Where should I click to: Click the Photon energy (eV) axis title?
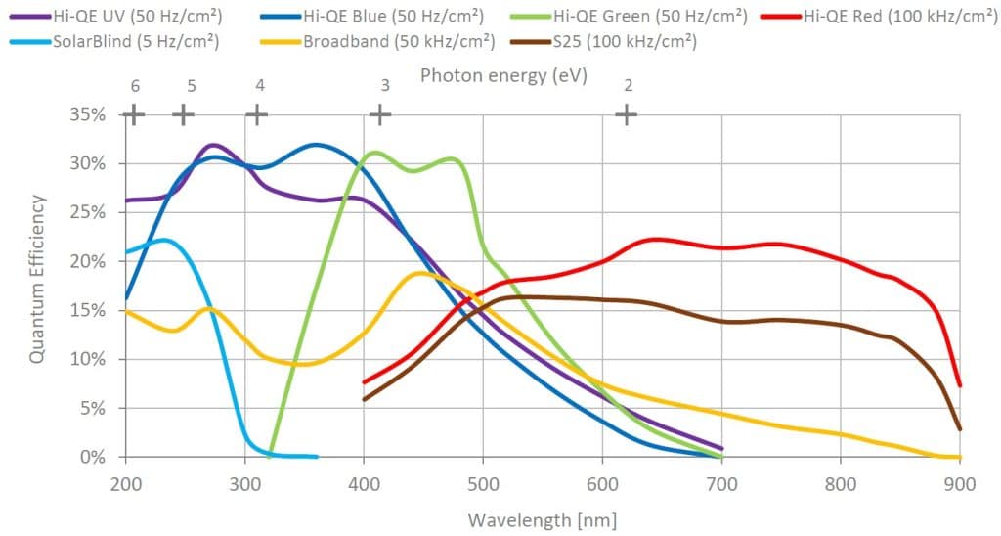(x=503, y=75)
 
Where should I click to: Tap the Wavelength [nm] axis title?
(x=542, y=519)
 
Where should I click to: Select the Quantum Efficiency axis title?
(x=37, y=279)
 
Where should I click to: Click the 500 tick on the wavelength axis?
(x=483, y=482)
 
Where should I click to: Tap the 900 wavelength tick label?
(x=960, y=482)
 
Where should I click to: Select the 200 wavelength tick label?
(x=125, y=482)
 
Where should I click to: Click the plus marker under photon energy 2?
(x=626, y=114)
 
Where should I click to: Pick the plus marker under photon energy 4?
(x=256, y=114)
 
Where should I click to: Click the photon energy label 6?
(x=135, y=86)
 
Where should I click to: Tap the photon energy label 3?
(x=385, y=86)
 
